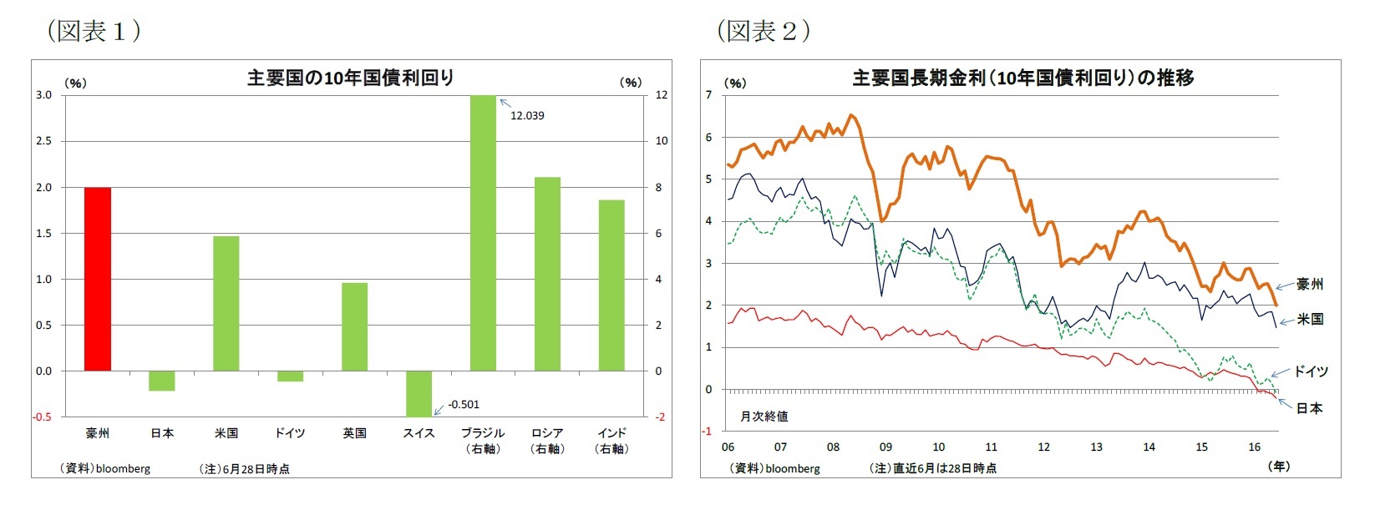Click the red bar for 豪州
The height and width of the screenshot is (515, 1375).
tap(98, 280)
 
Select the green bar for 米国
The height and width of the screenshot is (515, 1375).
tap(226, 304)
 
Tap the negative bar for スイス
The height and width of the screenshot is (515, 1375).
tap(419, 393)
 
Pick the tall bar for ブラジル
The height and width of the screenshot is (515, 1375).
tap(483, 234)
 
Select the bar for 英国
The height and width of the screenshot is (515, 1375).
tap(354, 326)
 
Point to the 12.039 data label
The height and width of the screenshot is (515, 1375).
tap(527, 116)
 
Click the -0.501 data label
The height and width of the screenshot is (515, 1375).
tap(464, 405)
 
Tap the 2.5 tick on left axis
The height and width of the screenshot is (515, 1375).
tap(43, 141)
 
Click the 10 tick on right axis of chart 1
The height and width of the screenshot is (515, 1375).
tap(661, 141)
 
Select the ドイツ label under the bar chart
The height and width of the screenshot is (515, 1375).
tap(290, 433)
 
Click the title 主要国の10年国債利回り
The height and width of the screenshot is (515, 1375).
tap(351, 78)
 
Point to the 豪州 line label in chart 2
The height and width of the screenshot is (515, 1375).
tap(1310, 285)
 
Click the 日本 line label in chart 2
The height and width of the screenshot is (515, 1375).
tap(1309, 408)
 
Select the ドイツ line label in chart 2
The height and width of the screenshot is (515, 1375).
tap(1311, 371)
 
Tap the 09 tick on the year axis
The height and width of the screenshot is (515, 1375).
tap(885, 447)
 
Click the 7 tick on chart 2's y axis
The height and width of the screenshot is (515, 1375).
tap(709, 95)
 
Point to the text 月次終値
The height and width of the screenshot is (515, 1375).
tap(764, 416)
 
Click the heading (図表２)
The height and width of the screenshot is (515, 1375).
tap(764, 31)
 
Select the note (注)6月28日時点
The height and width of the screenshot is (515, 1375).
tap(244, 469)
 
